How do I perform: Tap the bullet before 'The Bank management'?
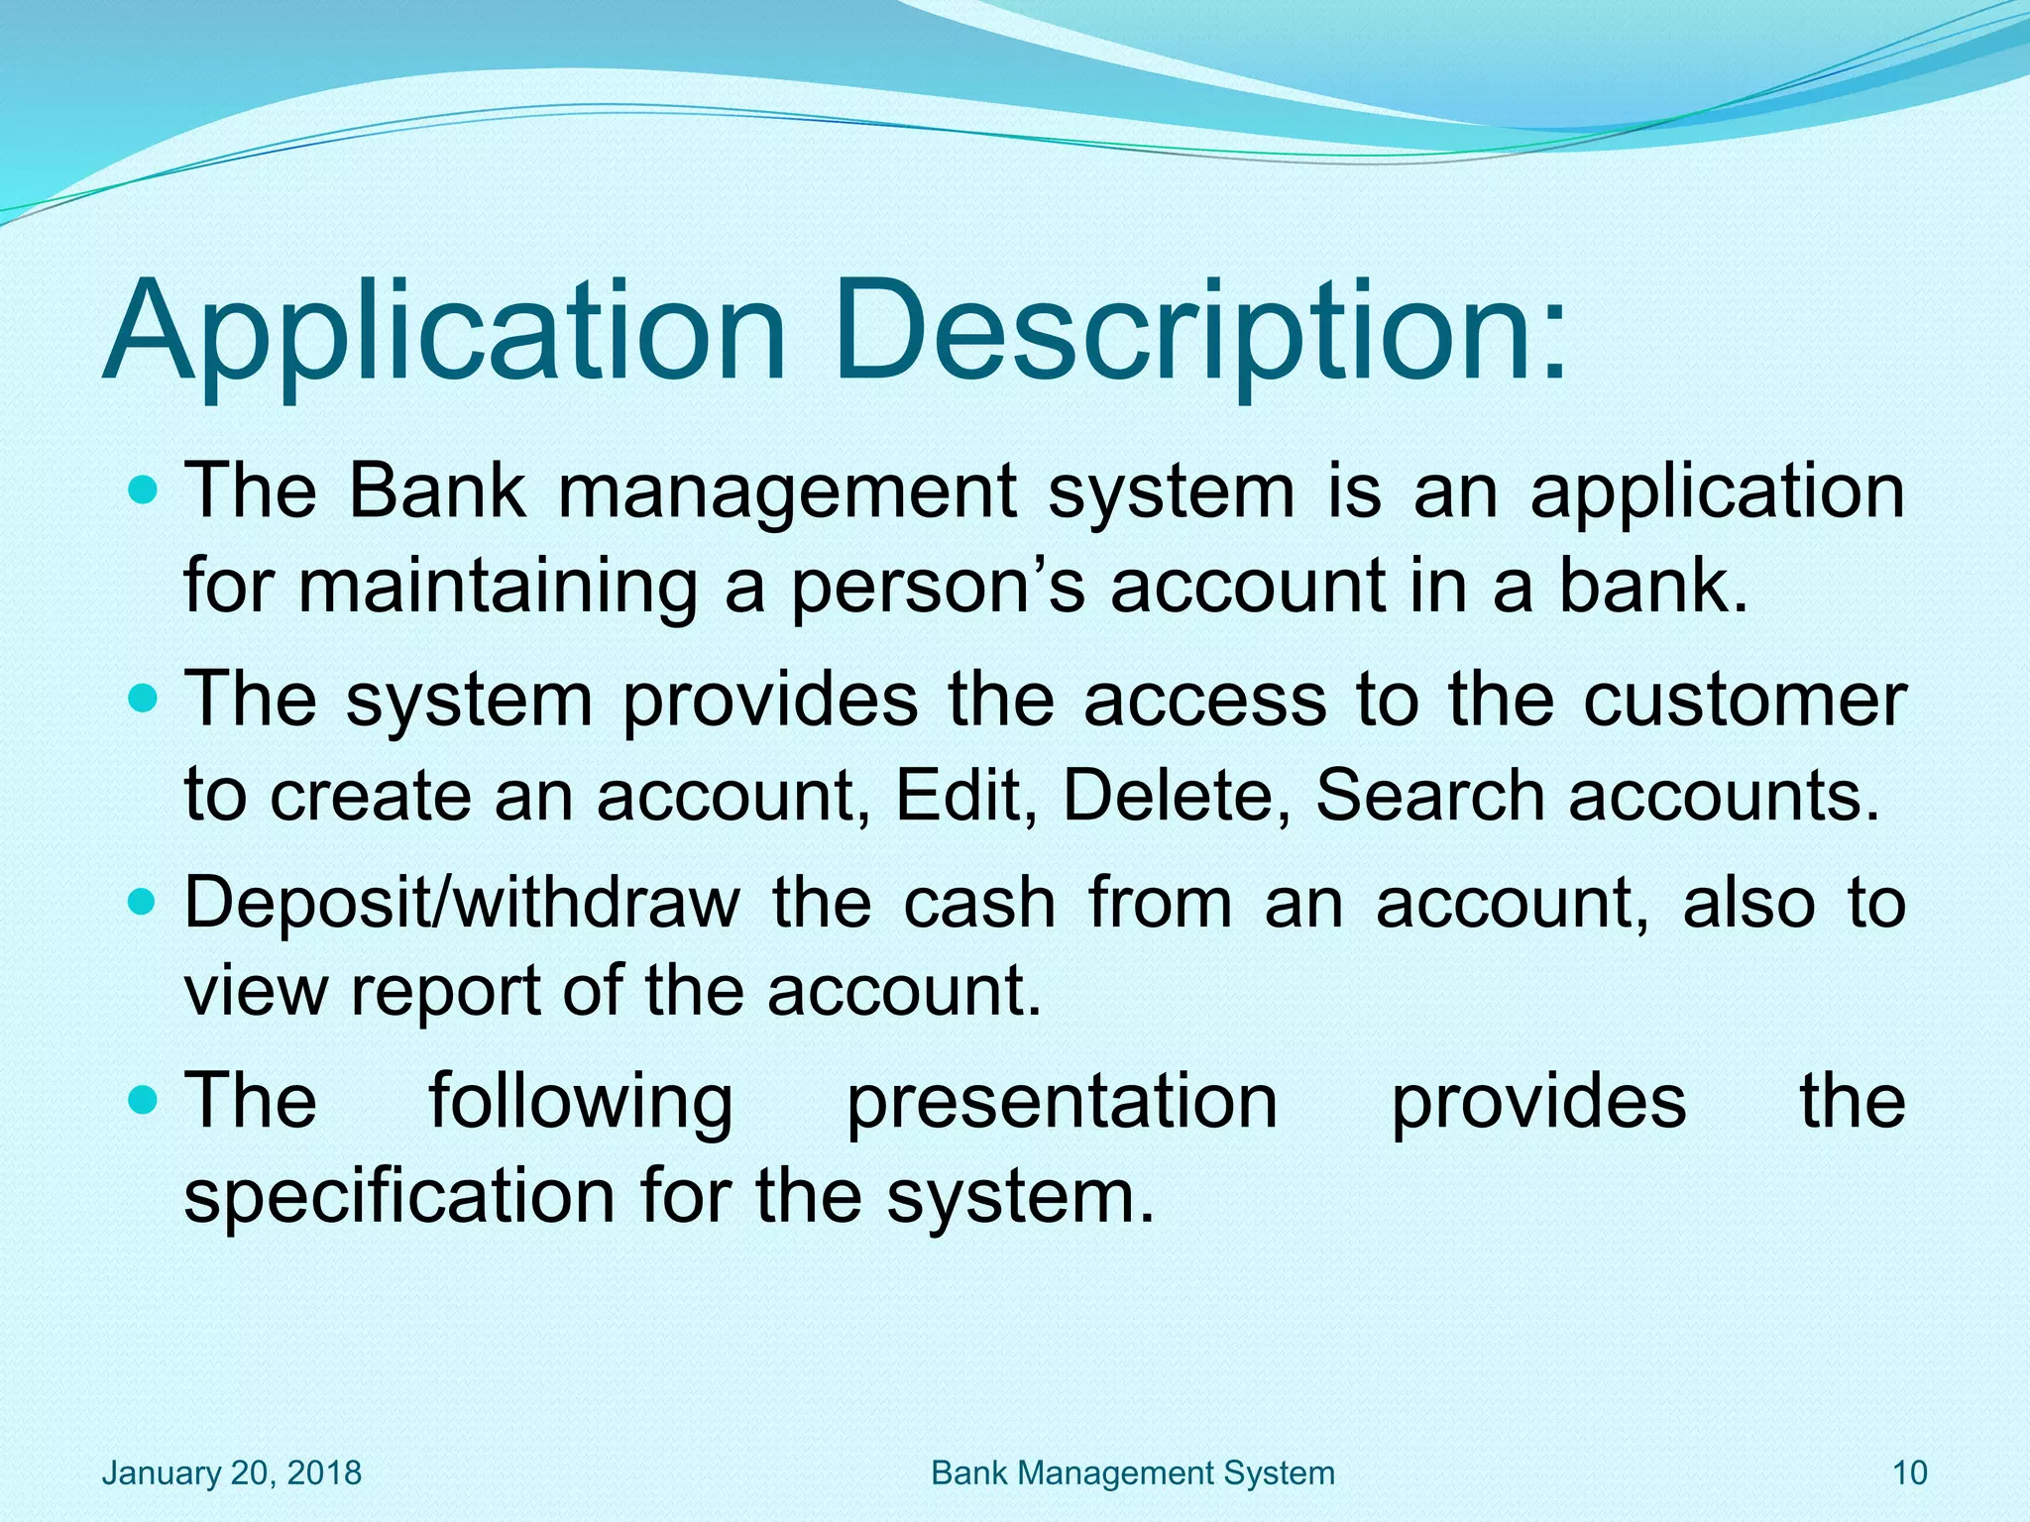[144, 489]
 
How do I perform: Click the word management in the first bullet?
[787, 492]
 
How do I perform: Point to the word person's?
[937, 588]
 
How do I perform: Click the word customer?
[1744, 701]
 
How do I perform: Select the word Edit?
[957, 795]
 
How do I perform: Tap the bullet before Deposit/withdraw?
[144, 903]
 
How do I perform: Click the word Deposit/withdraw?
[462, 905]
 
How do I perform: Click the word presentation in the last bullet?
[1062, 1103]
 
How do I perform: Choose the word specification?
[399, 1197]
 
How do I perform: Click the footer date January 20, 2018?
[232, 1472]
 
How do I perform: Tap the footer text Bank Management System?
[1133, 1472]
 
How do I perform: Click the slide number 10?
[1909, 1472]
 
